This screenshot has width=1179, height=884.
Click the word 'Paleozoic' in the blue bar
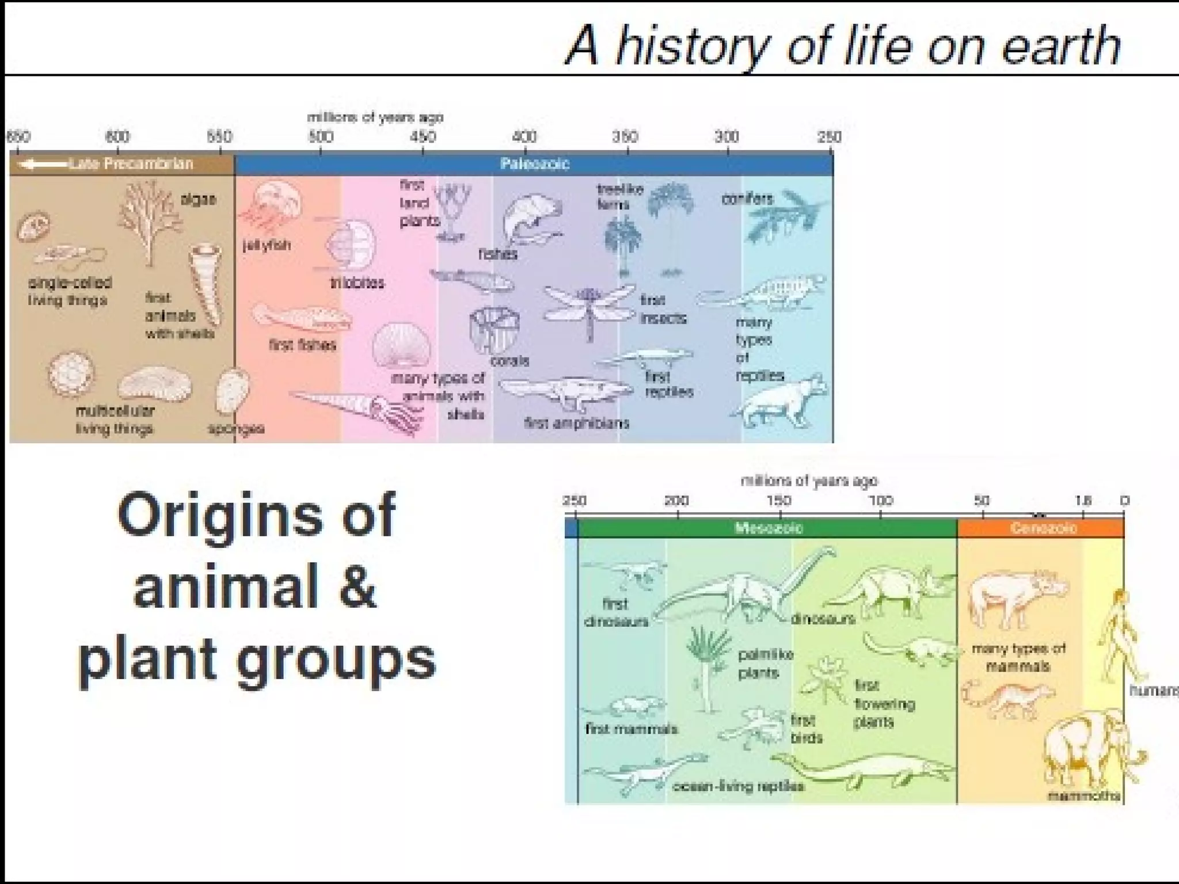pos(534,164)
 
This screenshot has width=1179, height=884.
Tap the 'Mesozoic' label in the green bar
pos(769,528)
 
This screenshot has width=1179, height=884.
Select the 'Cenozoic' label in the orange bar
pos(1043,528)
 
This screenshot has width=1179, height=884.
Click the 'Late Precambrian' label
pos(131,164)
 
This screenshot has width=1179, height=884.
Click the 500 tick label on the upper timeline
pos(321,137)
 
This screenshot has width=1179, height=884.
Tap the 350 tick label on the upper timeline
pos(625,137)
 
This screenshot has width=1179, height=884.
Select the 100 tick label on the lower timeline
pos(881,500)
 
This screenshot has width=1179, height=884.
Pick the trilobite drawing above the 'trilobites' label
pos(350,245)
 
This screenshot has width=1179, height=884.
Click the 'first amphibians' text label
pos(577,424)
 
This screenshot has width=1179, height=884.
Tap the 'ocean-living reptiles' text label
pos(738,787)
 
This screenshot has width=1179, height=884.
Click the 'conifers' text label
pos(747,199)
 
